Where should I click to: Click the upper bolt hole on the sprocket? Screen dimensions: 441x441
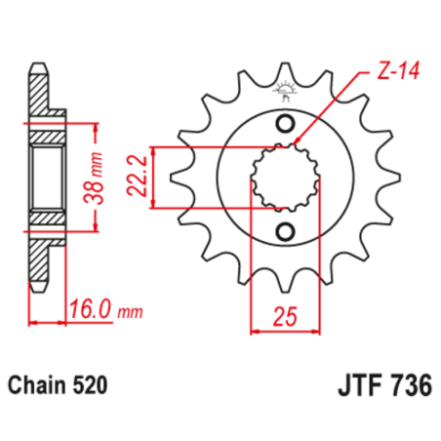(285, 124)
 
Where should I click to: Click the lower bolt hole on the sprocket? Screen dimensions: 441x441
(285, 231)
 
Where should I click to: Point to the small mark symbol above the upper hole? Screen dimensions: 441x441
(285, 96)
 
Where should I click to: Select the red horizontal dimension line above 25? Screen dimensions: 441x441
(285, 332)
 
